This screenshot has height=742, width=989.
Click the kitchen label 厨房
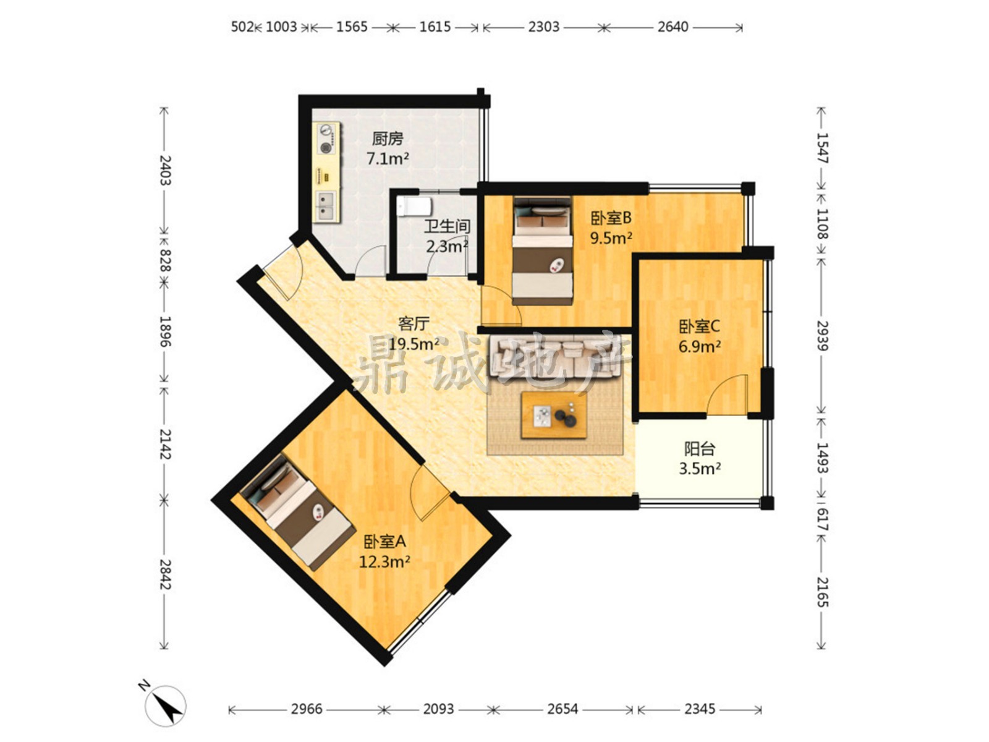coord(387,139)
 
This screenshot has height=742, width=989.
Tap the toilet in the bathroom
coord(414,207)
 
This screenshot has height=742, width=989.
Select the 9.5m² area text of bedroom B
coord(611,237)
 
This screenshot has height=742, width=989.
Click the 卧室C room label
coord(699,326)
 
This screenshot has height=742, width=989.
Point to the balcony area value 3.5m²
coord(699,469)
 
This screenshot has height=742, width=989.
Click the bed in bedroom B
coord(543,250)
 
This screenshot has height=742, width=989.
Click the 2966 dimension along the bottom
coord(307,709)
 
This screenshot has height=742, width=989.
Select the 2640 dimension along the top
coord(673,27)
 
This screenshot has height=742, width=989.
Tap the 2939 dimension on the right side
coord(823,336)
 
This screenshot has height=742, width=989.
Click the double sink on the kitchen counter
coord(326,206)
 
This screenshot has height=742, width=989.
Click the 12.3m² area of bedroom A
coord(384,562)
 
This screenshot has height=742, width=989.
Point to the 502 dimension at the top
coord(242,27)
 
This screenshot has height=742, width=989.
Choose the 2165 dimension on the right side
coord(823,592)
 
